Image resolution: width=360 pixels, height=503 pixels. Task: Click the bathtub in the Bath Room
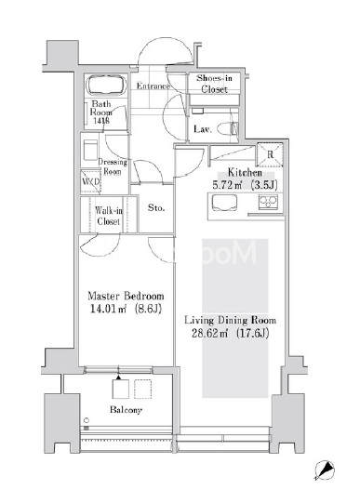[x=106, y=85]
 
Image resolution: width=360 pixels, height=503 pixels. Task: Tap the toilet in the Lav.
[x=228, y=128]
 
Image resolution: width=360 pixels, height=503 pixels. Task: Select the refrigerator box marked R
[x=270, y=154]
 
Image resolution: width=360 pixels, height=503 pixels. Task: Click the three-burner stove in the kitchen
[x=268, y=202]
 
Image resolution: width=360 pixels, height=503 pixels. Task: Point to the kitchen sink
[x=224, y=203]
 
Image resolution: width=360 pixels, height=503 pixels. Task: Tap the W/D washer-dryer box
[x=90, y=182]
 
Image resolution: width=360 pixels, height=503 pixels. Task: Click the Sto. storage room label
[x=156, y=208]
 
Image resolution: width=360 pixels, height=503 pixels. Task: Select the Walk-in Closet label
[x=109, y=216]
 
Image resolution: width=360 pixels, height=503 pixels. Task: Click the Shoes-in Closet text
[x=214, y=84]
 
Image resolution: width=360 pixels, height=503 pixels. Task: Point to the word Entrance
[x=153, y=86]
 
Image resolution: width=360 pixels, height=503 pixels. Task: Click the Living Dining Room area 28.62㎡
[x=210, y=334]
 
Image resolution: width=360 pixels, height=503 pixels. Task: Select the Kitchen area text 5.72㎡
[x=227, y=185]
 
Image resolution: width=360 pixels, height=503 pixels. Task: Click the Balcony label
[x=126, y=410]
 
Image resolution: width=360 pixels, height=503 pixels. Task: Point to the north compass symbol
[x=325, y=470]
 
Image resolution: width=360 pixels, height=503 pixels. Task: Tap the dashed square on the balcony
[x=142, y=390]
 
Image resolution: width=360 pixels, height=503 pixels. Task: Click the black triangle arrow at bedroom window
[x=119, y=377]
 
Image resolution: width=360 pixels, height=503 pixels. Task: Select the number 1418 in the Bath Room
[x=101, y=121]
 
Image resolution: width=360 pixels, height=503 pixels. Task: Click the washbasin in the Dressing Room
[x=90, y=150]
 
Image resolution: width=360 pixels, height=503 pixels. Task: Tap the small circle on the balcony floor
[x=87, y=420]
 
